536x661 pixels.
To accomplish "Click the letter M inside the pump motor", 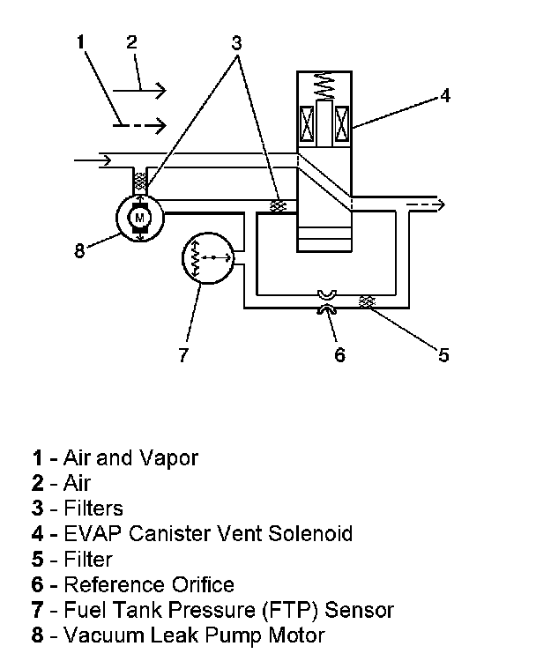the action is (139, 218).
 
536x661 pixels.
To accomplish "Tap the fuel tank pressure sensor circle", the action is (182, 258).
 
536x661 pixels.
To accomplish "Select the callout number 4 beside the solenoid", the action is (445, 96).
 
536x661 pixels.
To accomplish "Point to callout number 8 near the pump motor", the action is (79, 250).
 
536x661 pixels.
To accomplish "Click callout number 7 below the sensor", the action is (183, 355).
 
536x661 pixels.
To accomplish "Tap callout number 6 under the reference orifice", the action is (340, 355).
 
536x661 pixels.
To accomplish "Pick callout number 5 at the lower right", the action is (443, 355).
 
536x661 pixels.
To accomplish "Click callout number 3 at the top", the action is (236, 43).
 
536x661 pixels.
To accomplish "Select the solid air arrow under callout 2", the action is (139, 90).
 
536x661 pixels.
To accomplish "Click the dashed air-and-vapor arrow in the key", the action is (139, 125).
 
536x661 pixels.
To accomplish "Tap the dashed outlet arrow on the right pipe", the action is (425, 204).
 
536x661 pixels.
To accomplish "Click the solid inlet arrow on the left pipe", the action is (93, 160).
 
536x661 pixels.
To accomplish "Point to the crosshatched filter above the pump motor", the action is (140, 180).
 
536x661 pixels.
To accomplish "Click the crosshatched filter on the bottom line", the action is (367, 301).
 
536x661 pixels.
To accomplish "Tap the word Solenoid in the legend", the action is (310, 534).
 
